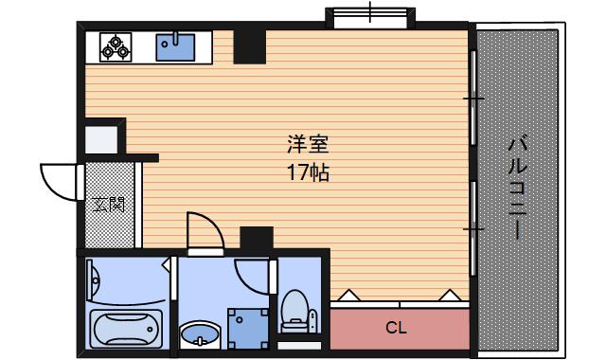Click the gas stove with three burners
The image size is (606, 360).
(x=116, y=47)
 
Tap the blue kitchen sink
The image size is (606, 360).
(x=175, y=47)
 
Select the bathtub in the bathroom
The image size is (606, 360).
(x=126, y=329)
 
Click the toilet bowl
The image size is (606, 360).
(x=295, y=312)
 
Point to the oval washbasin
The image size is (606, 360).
(x=200, y=334)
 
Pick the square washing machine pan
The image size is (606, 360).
(x=248, y=329)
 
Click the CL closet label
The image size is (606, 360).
(x=396, y=328)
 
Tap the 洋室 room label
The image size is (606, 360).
(x=308, y=144)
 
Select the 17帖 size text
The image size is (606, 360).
(x=308, y=172)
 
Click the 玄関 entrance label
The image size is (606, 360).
(x=109, y=205)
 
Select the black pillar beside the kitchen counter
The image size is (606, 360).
(x=250, y=46)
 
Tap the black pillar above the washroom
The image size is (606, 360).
(x=257, y=238)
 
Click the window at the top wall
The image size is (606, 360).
(x=370, y=18)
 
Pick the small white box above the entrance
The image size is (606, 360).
(x=101, y=139)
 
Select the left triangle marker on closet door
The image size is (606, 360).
(x=349, y=295)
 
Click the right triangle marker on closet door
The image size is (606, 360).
(x=450, y=295)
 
